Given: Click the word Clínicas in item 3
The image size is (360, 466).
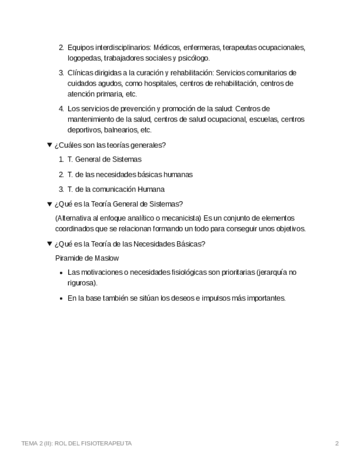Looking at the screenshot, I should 80,73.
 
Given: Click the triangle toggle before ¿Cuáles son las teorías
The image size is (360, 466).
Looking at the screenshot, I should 49,145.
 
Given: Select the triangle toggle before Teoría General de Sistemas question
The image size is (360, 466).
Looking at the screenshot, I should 49,204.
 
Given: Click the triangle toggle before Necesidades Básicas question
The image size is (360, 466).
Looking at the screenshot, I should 49,244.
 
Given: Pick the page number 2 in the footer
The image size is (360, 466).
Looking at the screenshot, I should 337,443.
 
